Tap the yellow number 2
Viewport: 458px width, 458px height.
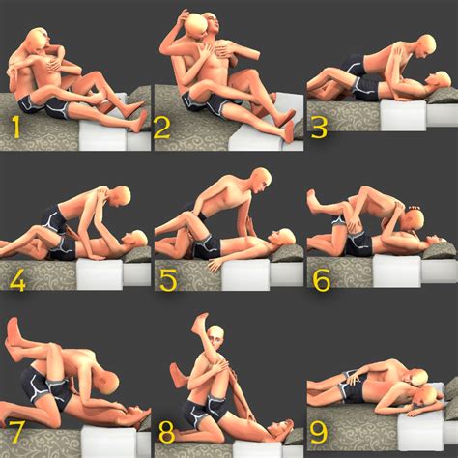pyautogui.click(x=162, y=126)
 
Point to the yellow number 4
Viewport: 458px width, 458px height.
pyautogui.click(x=15, y=280)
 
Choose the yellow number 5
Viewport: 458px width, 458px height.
pyautogui.click(x=168, y=280)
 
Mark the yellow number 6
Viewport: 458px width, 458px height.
pyautogui.click(x=321, y=280)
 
